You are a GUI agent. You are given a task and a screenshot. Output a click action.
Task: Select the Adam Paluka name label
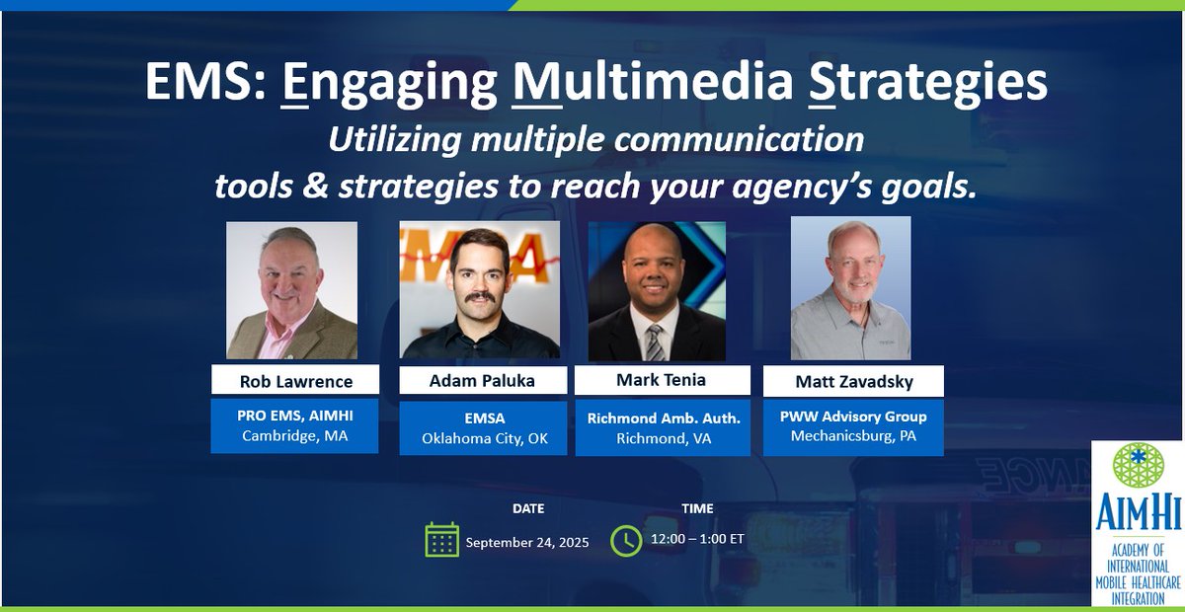pyautogui.click(x=483, y=381)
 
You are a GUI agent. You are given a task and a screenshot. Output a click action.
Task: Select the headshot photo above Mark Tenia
pyautogui.click(x=657, y=290)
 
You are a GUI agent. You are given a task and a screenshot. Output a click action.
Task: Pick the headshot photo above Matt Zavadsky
pyautogui.click(x=850, y=288)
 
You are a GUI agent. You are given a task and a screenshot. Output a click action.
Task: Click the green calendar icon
pyautogui.click(x=441, y=540)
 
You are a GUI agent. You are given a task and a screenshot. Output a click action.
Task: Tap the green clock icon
pyautogui.click(x=626, y=540)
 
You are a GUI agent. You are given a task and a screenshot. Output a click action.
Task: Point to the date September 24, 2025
pyautogui.click(x=527, y=542)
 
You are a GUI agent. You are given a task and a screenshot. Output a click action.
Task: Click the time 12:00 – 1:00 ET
pyautogui.click(x=698, y=540)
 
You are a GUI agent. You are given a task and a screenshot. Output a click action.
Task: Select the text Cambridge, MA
pyautogui.click(x=293, y=436)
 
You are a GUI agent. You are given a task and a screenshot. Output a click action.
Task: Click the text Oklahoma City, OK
pyautogui.click(x=483, y=438)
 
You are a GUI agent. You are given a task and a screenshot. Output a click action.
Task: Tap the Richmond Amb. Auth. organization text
pyautogui.click(x=664, y=418)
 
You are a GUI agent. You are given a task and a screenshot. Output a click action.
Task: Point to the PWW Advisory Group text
pyautogui.click(x=853, y=417)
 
